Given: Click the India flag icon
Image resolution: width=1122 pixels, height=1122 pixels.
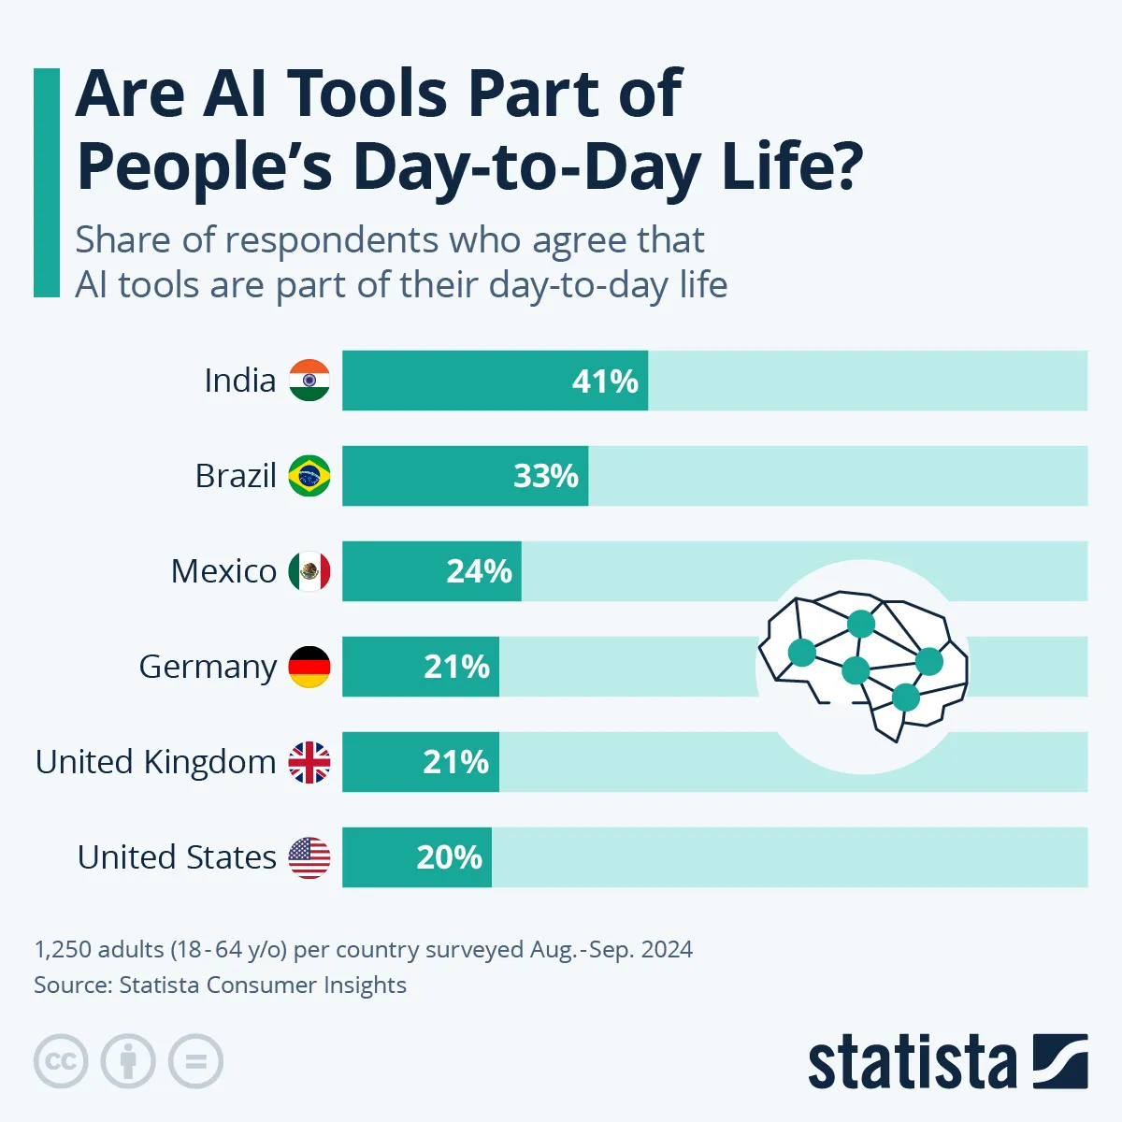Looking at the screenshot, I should [309, 381].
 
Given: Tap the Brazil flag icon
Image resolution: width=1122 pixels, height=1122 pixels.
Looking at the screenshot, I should [309, 476].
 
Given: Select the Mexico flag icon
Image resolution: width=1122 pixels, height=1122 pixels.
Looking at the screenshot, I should [309, 571].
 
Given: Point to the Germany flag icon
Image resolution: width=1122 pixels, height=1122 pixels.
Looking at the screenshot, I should [309, 667].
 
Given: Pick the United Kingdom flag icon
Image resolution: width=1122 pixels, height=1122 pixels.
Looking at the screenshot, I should [309, 762].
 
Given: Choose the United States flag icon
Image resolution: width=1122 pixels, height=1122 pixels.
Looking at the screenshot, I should [309, 857].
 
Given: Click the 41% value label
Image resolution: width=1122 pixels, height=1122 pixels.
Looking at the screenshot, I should [605, 381].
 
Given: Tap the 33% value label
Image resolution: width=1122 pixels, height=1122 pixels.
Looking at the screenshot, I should [546, 477].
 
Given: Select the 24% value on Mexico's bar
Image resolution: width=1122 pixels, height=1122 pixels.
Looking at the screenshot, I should [479, 571].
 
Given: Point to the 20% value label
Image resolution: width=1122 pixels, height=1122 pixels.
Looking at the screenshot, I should [449, 857].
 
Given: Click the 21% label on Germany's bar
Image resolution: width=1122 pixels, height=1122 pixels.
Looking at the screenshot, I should [456, 667].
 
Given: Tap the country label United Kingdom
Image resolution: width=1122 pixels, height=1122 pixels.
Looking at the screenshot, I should [155, 762].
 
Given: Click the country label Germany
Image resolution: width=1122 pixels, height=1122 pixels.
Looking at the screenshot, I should [208, 667].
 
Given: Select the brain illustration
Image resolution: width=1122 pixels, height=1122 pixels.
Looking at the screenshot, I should [862, 665].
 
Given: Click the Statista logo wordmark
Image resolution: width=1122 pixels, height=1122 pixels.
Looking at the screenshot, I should [912, 1063].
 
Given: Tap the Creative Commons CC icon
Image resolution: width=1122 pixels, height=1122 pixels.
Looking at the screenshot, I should [61, 1062].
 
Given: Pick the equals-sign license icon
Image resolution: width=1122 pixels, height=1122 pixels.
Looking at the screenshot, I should [195, 1062].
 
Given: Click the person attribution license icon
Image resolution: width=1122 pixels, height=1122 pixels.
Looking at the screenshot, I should [128, 1062].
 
